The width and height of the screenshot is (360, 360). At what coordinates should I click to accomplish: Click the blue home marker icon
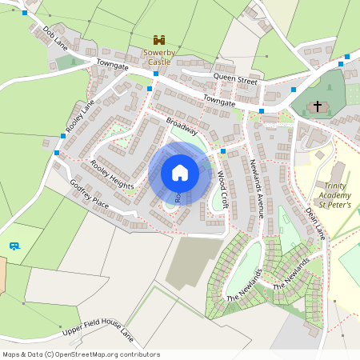(x=180, y=172)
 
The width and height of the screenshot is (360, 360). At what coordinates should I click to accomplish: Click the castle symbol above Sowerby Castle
(x=158, y=39)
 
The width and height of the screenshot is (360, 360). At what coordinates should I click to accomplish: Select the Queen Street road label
(x=235, y=81)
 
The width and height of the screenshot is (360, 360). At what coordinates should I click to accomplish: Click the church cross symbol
(x=318, y=106)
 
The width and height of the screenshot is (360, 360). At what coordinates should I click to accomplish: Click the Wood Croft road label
(x=223, y=189)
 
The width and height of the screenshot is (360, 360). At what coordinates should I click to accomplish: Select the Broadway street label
(x=182, y=126)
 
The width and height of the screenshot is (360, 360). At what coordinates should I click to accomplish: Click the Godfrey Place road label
(x=89, y=193)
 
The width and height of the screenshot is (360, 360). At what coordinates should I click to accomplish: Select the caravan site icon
(x=14, y=246)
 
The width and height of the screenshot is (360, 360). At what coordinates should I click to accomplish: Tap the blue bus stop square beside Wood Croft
(x=223, y=151)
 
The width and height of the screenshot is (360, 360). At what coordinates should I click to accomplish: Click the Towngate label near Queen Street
(x=219, y=101)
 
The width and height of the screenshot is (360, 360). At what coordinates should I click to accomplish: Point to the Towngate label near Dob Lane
(x=113, y=63)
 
